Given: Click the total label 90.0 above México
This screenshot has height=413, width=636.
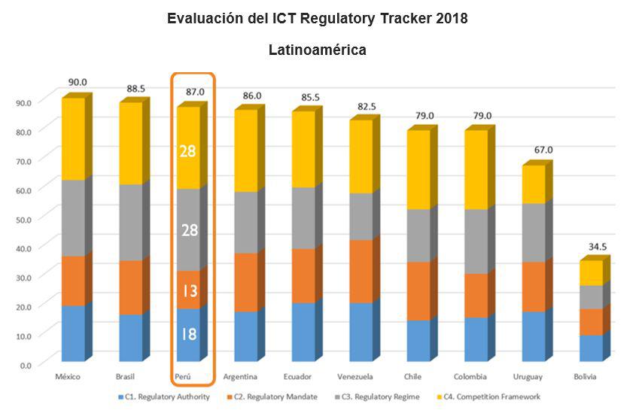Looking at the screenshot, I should [78, 82].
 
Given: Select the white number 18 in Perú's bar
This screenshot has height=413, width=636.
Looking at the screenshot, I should [188, 334].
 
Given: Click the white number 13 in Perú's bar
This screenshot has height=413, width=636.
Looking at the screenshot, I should [188, 290].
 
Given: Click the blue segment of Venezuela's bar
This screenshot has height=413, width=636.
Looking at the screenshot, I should [361, 332].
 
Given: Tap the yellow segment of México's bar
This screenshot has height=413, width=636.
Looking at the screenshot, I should [73, 139].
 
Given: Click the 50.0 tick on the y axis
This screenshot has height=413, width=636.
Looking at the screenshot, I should [25, 218].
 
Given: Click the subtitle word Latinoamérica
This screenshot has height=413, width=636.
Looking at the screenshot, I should [318, 50].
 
